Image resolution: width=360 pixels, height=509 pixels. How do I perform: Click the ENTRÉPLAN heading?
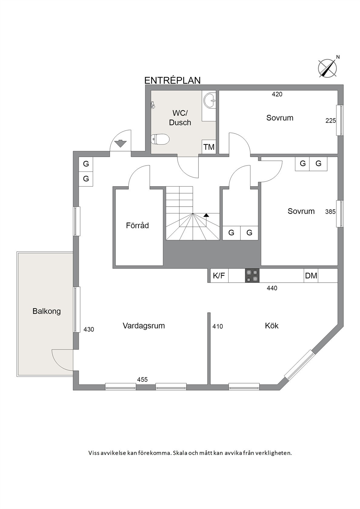click(172, 80)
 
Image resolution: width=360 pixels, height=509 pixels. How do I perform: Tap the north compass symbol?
click(328, 68)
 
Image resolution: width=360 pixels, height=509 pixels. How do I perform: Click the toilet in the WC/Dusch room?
click(160, 139)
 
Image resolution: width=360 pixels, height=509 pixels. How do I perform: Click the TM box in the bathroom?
click(209, 147)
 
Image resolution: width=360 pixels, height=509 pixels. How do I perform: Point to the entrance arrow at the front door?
click(120, 143)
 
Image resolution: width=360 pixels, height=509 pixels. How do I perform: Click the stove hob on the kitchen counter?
click(252, 276)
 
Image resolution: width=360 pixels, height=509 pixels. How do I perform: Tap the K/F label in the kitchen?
click(219, 276)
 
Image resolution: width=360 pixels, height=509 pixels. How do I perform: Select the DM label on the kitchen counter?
click(311, 276)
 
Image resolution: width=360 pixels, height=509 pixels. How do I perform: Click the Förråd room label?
click(137, 225)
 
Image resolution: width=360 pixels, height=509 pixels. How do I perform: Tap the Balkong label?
click(47, 311)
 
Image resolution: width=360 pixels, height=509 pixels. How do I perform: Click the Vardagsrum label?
click(144, 326)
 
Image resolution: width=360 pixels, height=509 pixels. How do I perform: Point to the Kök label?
click(272, 326)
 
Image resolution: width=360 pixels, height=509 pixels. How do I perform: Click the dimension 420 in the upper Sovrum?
click(277, 94)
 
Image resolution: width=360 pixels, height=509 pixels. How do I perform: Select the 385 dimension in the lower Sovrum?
click(330, 212)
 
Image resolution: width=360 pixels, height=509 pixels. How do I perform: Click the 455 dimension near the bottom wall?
click(142, 379)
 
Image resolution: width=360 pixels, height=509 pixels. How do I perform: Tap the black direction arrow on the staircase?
click(206, 215)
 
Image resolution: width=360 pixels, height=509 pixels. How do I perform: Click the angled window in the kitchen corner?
click(298, 365)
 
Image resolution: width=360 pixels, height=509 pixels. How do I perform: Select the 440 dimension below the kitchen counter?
click(272, 288)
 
